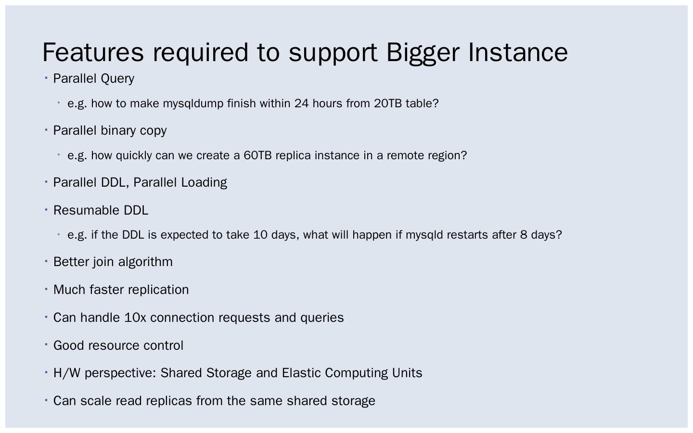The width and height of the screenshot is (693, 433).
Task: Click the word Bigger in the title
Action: [423, 52]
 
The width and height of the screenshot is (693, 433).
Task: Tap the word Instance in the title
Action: [518, 52]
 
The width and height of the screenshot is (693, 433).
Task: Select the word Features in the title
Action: [93, 52]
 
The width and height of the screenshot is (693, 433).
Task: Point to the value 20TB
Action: [387, 103]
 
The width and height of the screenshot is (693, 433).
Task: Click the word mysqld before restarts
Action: [424, 235]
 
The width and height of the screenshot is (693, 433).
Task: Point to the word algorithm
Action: [145, 262]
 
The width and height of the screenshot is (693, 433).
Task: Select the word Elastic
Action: [301, 373]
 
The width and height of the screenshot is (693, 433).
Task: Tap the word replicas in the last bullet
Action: [168, 401]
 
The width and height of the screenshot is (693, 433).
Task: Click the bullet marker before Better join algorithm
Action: [46, 261]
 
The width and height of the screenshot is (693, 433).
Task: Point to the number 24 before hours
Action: [301, 103]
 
